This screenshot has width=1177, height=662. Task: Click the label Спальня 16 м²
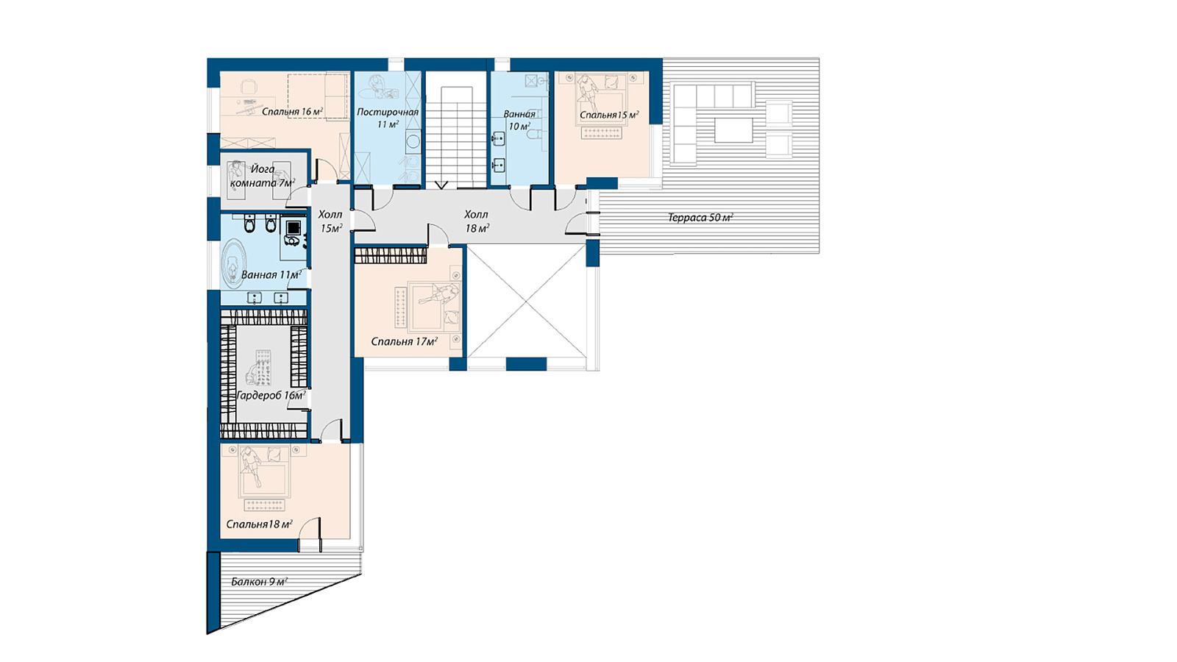292,111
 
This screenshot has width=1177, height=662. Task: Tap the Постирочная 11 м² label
388,118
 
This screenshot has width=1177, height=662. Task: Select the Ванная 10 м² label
519,121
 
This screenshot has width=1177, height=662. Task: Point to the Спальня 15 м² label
609,115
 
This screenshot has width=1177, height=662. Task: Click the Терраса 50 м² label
700,218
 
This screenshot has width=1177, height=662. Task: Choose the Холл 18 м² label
477,221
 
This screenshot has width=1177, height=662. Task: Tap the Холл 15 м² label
330,221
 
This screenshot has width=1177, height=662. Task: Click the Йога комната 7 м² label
262,176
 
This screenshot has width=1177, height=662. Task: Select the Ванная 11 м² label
271,275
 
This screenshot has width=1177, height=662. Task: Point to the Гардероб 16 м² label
271,395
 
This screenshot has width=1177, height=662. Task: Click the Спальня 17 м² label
404,341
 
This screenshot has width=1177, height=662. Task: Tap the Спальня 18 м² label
259,524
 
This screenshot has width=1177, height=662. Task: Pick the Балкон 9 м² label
259,582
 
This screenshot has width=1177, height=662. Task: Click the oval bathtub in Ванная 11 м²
235,264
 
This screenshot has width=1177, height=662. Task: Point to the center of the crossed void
527,301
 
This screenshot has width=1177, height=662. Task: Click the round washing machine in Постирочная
413,142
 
